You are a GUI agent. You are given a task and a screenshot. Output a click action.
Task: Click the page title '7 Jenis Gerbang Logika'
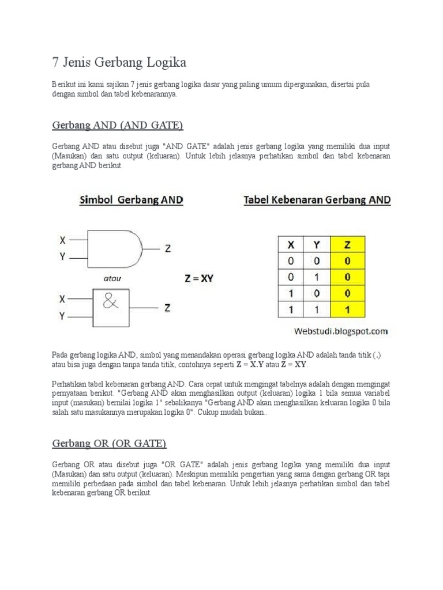tap(119, 62)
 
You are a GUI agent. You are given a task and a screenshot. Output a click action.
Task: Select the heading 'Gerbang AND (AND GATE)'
tap(118, 125)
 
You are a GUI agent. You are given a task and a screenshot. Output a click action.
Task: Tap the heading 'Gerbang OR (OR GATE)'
tap(109, 443)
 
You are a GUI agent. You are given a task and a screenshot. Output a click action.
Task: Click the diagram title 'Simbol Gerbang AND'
tap(131, 201)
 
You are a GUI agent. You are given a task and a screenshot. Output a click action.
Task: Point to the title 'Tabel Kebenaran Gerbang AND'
tap(317, 201)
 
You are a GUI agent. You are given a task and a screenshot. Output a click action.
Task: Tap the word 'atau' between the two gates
tap(112, 278)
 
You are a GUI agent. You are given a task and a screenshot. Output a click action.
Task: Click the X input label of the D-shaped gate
tap(62, 240)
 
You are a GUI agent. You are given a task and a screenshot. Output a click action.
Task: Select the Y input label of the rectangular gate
tap(62, 316)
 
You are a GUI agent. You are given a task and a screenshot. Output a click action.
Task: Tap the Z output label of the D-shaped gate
tap(168, 248)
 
